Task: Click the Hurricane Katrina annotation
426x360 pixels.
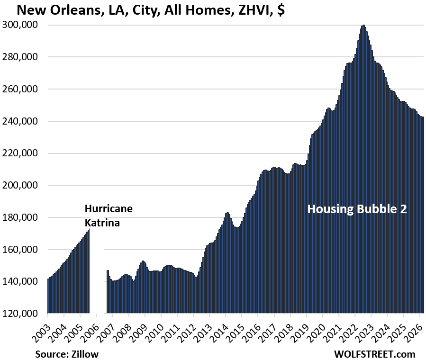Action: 109,216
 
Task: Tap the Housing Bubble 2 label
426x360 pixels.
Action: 357,209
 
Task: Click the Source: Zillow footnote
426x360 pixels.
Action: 66,353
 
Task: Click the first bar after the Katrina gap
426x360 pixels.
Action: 108,292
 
